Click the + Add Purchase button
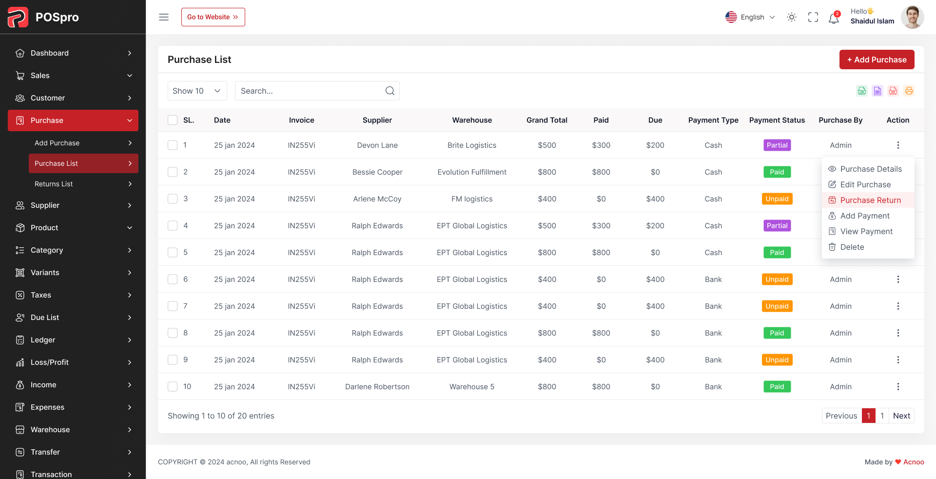point(877,60)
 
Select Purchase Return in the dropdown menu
point(870,200)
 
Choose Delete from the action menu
point(852,247)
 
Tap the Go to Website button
point(213,17)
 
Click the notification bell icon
point(834,18)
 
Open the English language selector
point(750,17)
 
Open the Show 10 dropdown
point(197,91)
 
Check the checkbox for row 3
point(173,199)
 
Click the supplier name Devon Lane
point(377,145)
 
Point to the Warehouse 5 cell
point(471,386)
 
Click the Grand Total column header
point(546,120)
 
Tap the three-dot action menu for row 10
point(897,386)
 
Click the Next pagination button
point(901,416)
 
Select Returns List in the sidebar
point(54,184)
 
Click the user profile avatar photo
point(912,17)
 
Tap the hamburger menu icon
point(164,17)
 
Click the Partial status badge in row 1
point(777,145)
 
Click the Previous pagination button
point(841,416)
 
